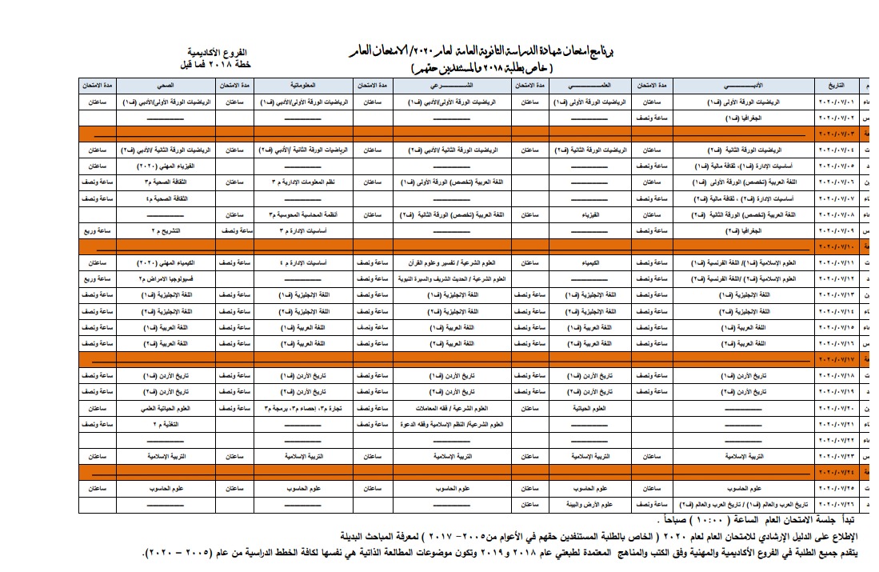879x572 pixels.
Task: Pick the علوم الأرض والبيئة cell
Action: coord(590,504)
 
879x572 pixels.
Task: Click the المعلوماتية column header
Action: coord(305,84)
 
